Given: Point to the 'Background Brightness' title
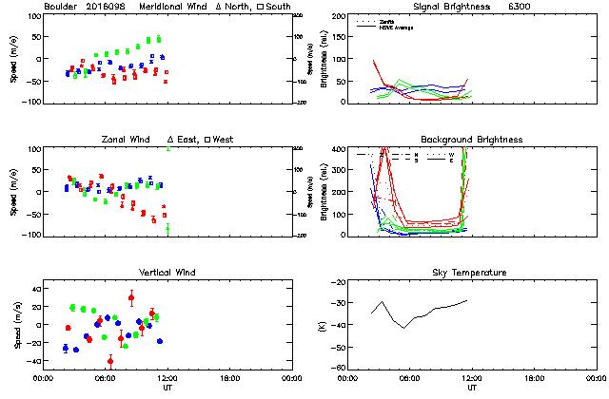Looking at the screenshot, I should [x=470, y=140].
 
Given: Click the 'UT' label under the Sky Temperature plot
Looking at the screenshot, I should [x=472, y=388].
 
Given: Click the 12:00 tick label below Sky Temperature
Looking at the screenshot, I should [x=472, y=378].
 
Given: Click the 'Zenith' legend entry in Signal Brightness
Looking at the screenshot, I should [x=388, y=21].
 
